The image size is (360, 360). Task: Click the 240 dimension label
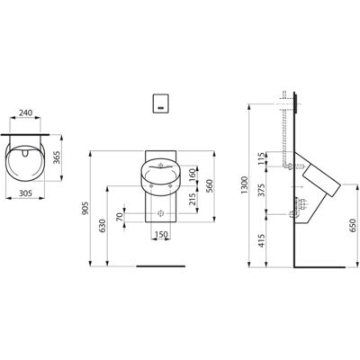(25, 112)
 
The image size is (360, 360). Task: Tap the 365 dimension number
(57, 157)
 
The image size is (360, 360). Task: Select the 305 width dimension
(25, 193)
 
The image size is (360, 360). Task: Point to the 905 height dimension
(85, 208)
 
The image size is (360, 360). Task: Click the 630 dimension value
(103, 226)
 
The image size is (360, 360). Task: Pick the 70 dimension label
(119, 217)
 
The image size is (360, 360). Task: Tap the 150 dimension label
(161, 235)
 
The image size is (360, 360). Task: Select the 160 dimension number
(193, 175)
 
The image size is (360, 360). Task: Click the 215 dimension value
(193, 199)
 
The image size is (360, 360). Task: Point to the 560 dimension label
(209, 186)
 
